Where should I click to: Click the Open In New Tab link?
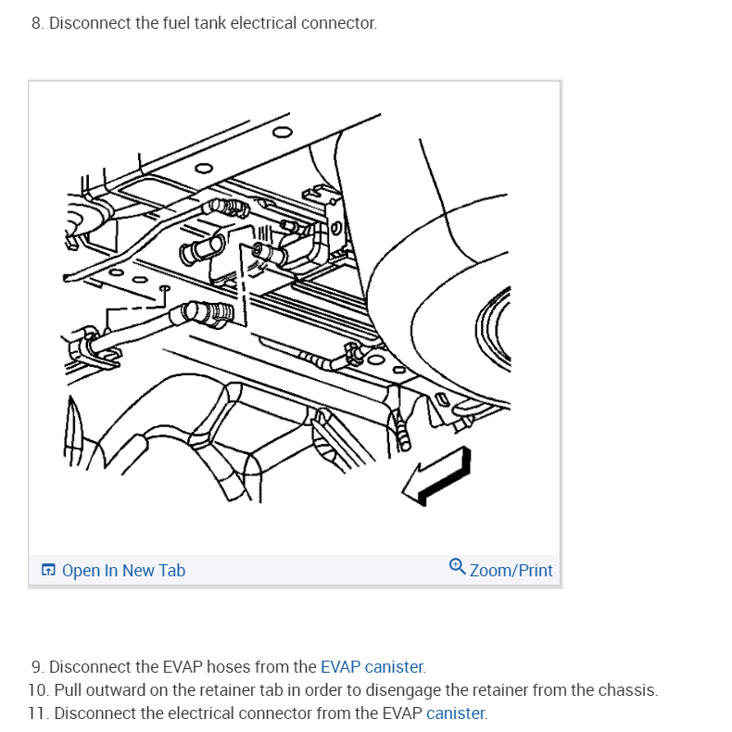pyautogui.click(x=123, y=571)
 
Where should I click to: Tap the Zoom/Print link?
pyautogui.click(x=511, y=571)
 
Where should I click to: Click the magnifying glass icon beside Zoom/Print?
pyautogui.click(x=457, y=566)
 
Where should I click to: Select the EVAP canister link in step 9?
pyautogui.click(x=372, y=666)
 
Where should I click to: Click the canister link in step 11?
pyautogui.click(x=455, y=713)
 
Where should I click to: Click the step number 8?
pyautogui.click(x=37, y=23)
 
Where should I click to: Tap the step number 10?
pyautogui.click(x=38, y=690)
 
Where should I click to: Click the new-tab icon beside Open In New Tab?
pyautogui.click(x=48, y=570)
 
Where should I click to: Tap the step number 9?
pyautogui.click(x=37, y=666)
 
